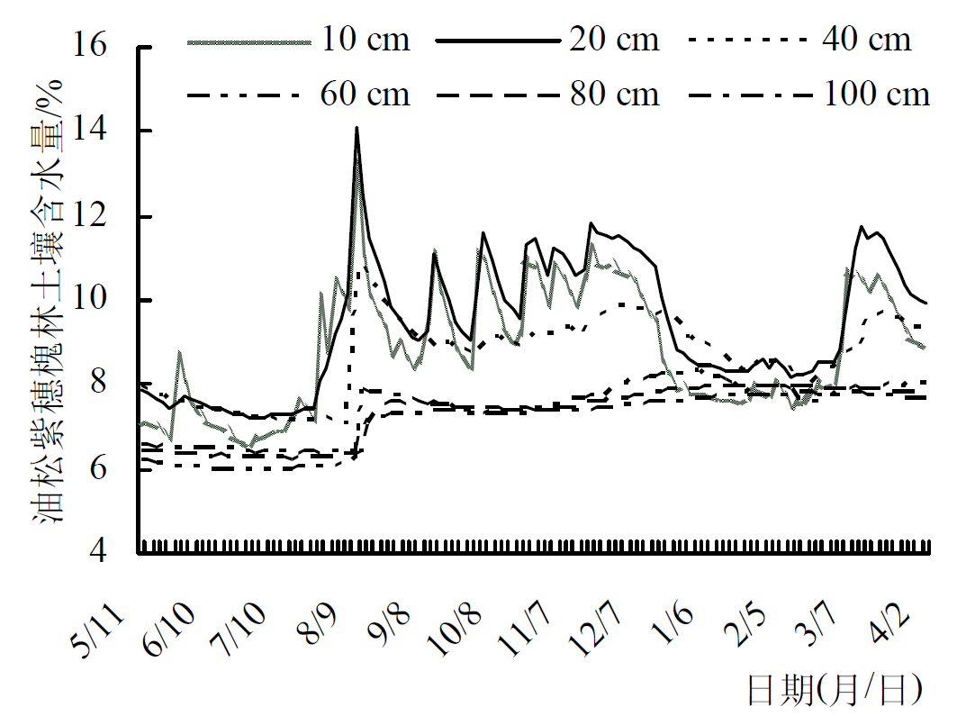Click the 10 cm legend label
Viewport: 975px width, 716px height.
click(x=364, y=40)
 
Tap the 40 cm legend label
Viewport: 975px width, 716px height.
click(x=865, y=40)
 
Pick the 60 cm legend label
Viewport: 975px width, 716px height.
click(x=364, y=94)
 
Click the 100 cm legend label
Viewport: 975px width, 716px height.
click(x=876, y=94)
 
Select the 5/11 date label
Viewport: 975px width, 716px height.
click(x=101, y=630)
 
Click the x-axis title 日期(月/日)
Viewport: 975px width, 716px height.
click(x=835, y=691)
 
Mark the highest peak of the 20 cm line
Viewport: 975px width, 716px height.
click(x=357, y=128)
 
